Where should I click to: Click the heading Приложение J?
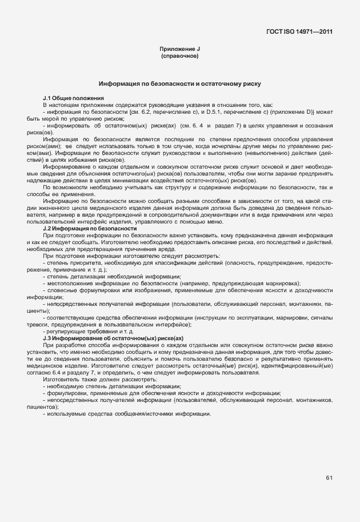180,51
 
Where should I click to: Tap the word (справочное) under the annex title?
180,57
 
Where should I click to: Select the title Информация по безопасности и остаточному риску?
180,84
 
